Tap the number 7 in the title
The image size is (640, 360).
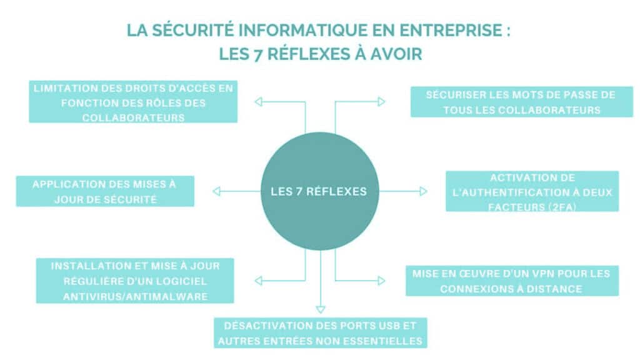click(x=257, y=54)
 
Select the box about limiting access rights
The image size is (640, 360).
click(x=133, y=102)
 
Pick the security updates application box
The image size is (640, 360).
click(x=104, y=191)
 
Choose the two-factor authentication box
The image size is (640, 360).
click(x=532, y=191)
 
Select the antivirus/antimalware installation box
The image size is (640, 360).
click(x=134, y=281)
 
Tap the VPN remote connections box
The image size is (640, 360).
click(x=511, y=281)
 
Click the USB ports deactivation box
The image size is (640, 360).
click(x=321, y=332)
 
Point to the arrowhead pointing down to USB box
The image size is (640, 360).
click(x=321, y=309)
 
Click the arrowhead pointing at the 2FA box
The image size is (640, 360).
click(x=423, y=191)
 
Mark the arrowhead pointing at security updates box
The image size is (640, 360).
click(x=216, y=191)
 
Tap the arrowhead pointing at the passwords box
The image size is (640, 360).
click(x=381, y=101)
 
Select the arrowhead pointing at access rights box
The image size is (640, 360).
click(x=258, y=101)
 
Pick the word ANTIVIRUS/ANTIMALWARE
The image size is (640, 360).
click(x=135, y=297)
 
